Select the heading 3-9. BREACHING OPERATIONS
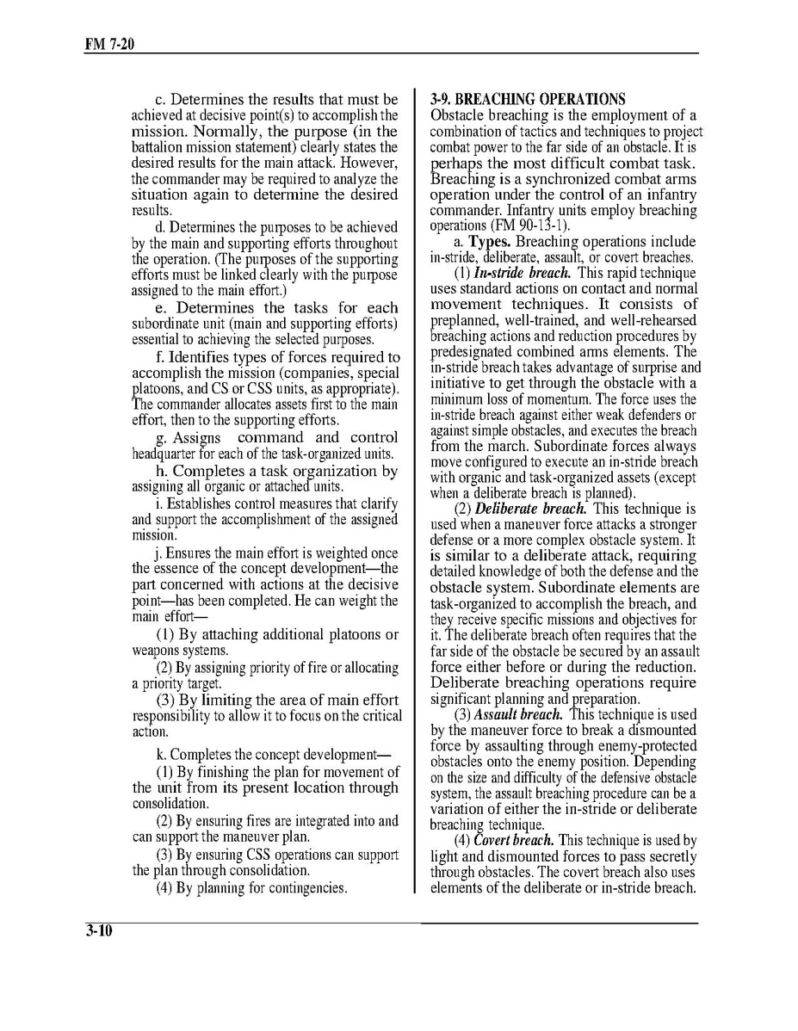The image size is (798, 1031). pos(528,99)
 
